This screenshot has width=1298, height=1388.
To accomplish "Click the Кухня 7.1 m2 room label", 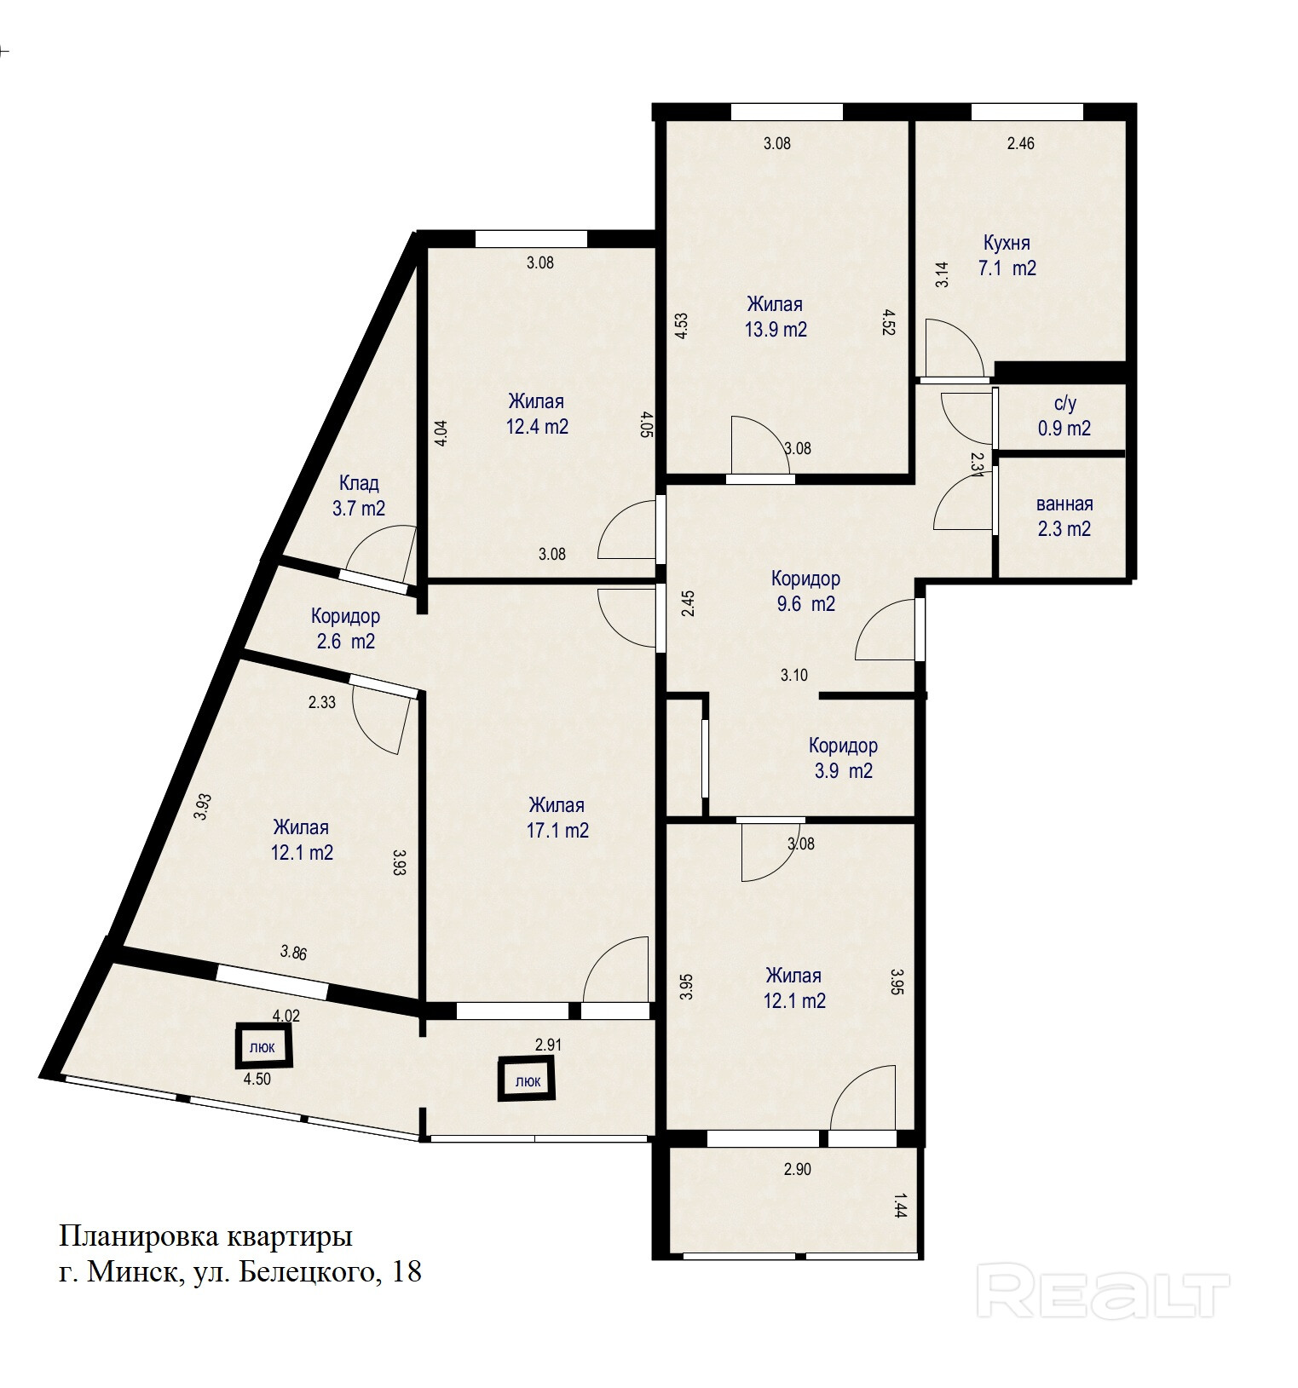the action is (1007, 256).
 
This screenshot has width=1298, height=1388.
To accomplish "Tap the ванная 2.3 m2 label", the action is (1064, 516).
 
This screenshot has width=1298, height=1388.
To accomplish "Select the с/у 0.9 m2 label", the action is (1064, 416).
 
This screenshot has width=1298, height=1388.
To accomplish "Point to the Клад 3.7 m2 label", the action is (359, 496).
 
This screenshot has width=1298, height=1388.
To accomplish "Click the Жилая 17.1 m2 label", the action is (557, 817).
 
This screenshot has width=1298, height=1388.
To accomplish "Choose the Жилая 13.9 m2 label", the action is (776, 316).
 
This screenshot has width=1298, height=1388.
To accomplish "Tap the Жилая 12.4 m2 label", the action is (537, 413).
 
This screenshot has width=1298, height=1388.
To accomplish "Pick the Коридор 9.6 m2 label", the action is (805, 590).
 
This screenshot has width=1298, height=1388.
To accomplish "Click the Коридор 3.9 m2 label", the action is (842, 758).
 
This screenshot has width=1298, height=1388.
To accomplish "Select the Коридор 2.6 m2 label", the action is (345, 628).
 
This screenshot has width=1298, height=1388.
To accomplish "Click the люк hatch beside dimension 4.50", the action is (264, 1045).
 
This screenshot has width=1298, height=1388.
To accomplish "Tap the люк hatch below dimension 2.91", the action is (527, 1079).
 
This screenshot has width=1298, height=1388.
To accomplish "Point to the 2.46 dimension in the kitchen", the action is (1020, 143).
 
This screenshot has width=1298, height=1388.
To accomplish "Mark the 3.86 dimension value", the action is (293, 953).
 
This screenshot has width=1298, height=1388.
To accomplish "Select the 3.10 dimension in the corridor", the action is (793, 675).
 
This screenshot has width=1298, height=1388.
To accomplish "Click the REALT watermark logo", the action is (1103, 1294).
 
